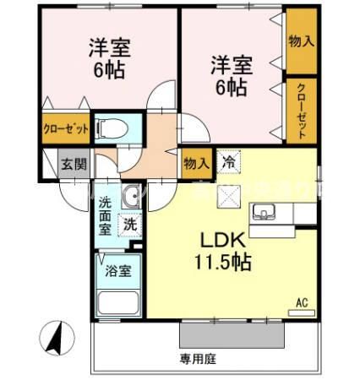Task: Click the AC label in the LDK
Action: [301, 301]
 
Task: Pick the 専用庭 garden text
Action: [198, 359]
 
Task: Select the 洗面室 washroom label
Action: [106, 215]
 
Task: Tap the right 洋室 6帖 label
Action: [231, 74]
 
